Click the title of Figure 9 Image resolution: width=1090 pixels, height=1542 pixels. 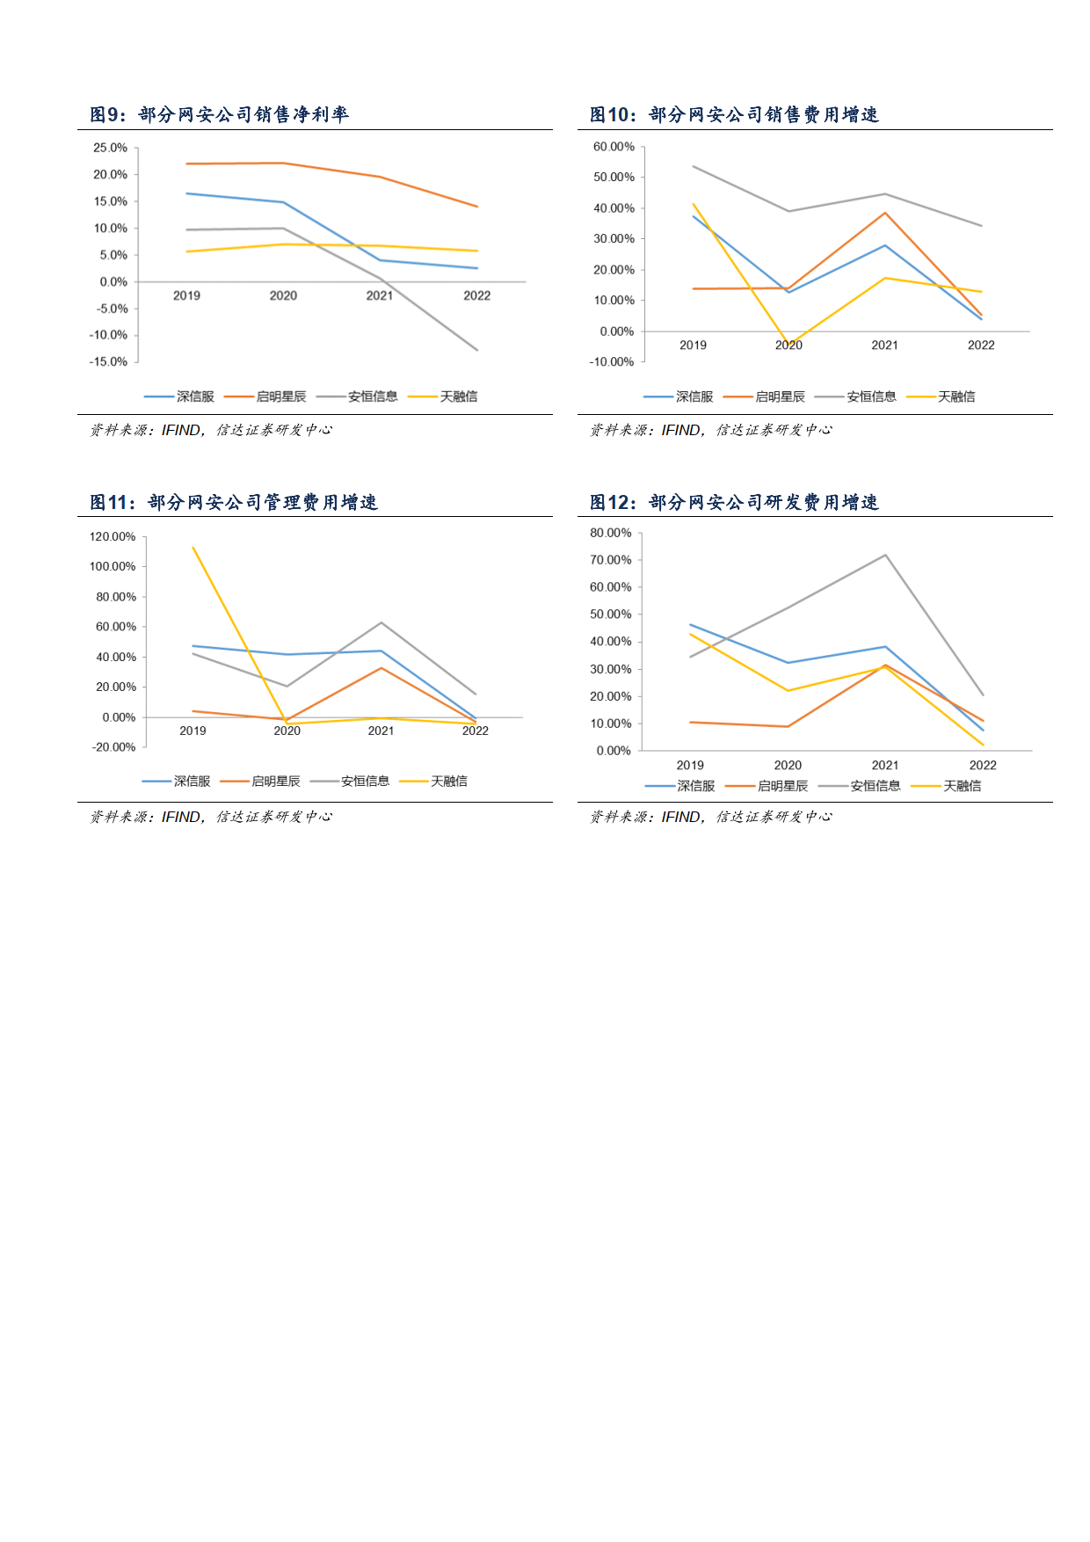[x=219, y=114]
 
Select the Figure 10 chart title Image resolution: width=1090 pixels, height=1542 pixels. [x=734, y=114]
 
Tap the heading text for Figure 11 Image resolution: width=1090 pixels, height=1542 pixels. [x=234, y=502]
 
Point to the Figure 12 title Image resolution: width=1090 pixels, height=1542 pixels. [x=734, y=502]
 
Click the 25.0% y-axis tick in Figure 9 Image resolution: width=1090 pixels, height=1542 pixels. [x=111, y=148]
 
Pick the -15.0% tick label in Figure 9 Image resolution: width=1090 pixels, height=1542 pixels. [x=108, y=361]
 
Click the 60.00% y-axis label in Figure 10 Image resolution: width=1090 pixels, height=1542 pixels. [x=614, y=147]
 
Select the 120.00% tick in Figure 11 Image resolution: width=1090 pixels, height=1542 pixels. [x=113, y=536]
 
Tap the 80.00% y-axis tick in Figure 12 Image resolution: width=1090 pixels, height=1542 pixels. [x=611, y=533]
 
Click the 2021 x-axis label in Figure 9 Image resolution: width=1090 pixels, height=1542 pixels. [x=380, y=295]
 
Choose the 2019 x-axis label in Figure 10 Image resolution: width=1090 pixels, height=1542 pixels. [x=693, y=345]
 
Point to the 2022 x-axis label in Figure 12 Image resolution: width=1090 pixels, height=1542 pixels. [x=983, y=765]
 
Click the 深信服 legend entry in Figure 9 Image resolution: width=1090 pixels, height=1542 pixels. [x=179, y=396]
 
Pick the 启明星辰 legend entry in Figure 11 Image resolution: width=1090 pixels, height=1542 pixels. [x=260, y=781]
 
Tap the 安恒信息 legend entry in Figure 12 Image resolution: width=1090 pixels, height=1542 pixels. [x=860, y=786]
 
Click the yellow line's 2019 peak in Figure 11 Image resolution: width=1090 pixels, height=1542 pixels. [x=193, y=548]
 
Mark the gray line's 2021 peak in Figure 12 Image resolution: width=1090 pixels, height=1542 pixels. [x=885, y=555]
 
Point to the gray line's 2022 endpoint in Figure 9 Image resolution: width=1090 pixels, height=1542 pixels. [x=477, y=350]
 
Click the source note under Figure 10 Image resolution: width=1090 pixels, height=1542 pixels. [x=710, y=430]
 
